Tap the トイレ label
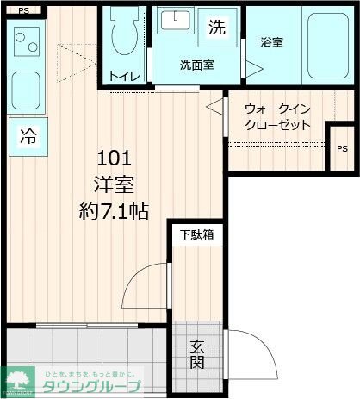point(125,76)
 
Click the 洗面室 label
point(196,65)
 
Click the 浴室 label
point(272,41)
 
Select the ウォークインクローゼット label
point(276,116)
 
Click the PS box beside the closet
point(342,149)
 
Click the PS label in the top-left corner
point(23,10)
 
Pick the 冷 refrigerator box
point(28,136)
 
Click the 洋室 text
point(114,184)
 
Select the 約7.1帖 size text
point(114,209)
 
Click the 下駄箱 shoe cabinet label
point(196,234)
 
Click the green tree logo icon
point(16,380)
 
